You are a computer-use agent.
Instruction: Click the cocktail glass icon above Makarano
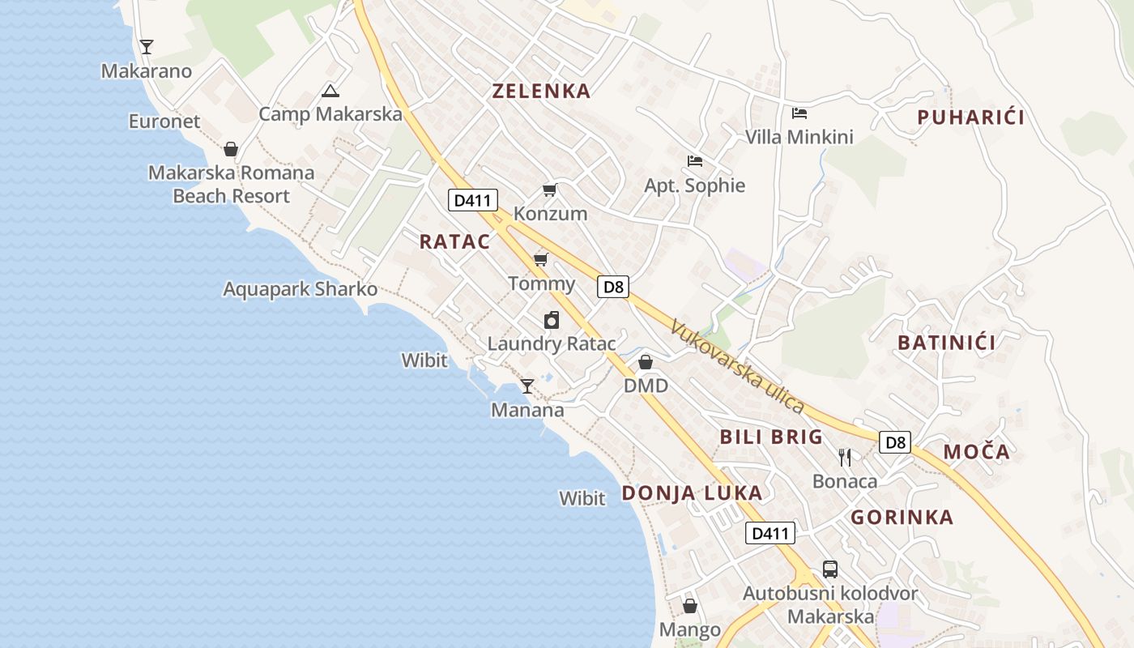pyautogui.click(x=147, y=47)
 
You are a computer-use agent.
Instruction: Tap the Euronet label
pyautogui.click(x=164, y=122)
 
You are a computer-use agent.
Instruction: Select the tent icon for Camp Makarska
pyautogui.click(x=329, y=91)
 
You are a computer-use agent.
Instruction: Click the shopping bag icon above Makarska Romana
pyautogui.click(x=231, y=149)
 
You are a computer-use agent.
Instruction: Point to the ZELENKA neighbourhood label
pyautogui.click(x=542, y=91)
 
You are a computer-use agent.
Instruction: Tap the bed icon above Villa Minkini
pyautogui.click(x=799, y=113)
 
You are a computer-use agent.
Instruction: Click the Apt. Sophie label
pyautogui.click(x=694, y=185)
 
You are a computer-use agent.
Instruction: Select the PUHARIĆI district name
pyautogui.click(x=970, y=117)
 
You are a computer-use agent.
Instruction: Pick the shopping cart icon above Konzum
pyautogui.click(x=550, y=190)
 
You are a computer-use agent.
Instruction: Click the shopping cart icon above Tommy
pyautogui.click(x=540, y=260)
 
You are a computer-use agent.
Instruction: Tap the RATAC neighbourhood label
pyautogui.click(x=454, y=241)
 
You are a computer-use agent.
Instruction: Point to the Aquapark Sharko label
pyautogui.click(x=301, y=289)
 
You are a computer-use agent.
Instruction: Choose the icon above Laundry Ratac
pyautogui.click(x=552, y=320)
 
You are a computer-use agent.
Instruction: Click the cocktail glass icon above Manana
pyautogui.click(x=527, y=386)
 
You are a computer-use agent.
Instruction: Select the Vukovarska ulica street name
pyautogui.click(x=737, y=367)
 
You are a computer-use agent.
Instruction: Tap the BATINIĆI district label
pyautogui.click(x=946, y=343)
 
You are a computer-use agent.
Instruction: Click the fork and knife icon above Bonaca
pyautogui.click(x=845, y=458)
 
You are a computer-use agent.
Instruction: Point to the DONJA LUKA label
pyautogui.click(x=692, y=492)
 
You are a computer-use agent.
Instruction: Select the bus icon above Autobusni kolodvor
pyautogui.click(x=830, y=569)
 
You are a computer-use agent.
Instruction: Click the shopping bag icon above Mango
pyautogui.click(x=690, y=606)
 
